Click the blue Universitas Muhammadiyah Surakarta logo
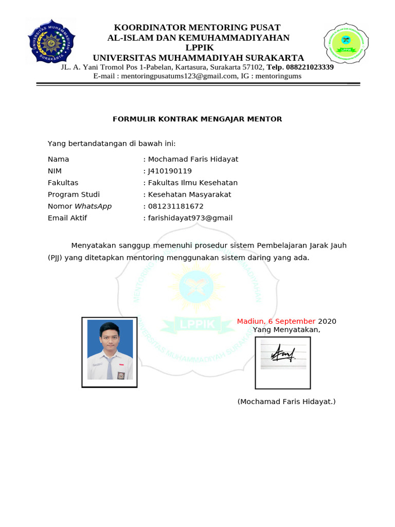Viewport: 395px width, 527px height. pos(51,43)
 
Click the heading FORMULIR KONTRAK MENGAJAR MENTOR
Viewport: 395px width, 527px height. pos(197,119)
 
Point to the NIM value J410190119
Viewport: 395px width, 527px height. pos(170,171)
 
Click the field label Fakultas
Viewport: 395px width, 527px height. pos(63,183)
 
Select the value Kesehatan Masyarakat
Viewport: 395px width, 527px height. pos(190,195)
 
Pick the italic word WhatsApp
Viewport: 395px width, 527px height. pos(93,206)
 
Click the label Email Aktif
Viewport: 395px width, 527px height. pos(67,218)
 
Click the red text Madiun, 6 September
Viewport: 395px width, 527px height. pos(276,322)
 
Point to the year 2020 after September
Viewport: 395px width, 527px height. pos(327,322)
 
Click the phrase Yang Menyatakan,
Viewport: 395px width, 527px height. pos(286,330)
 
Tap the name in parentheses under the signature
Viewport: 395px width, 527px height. pos(286,401)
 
